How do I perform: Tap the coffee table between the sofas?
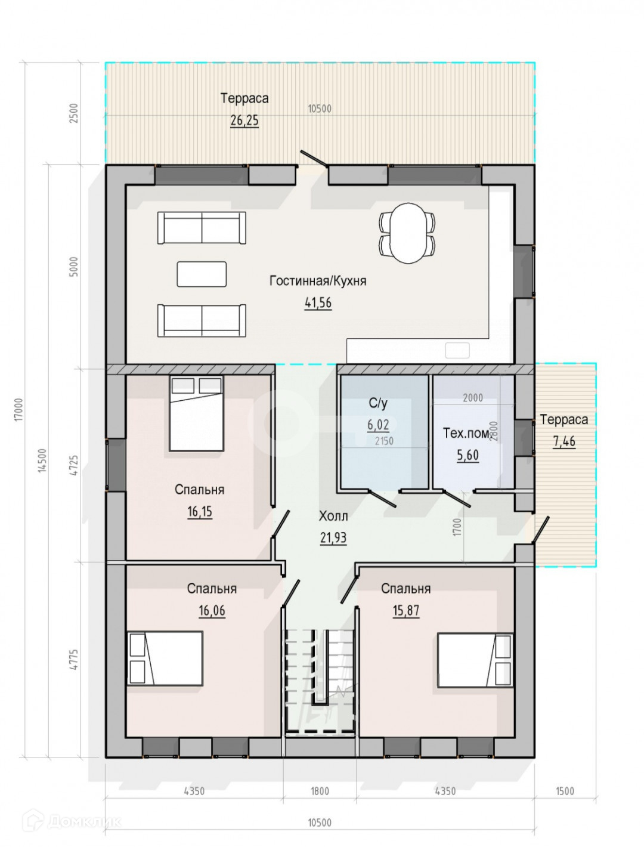tap(202, 274)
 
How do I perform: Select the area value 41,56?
tap(318, 303)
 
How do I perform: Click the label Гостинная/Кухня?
tap(318, 280)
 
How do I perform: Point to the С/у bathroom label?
tap(378, 403)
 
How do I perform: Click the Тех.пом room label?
tap(466, 433)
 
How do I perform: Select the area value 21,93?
tap(333, 537)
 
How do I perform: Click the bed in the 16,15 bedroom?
tap(197, 413)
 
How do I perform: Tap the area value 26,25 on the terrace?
tap(244, 120)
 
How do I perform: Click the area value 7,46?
tap(564, 441)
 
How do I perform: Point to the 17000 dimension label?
tap(19, 409)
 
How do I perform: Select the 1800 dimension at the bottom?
tap(320, 791)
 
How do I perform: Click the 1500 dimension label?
tap(565, 791)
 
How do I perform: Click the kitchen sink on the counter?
tap(457, 350)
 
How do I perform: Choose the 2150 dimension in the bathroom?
tap(384, 441)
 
